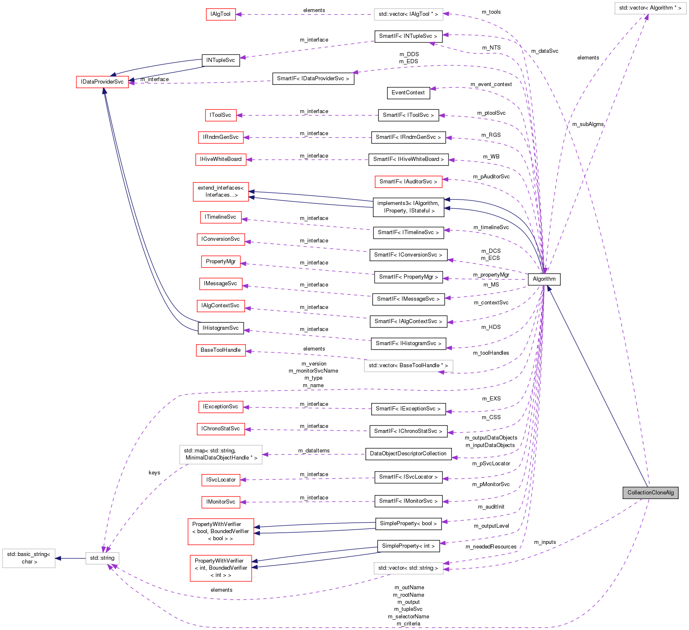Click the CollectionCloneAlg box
click(x=650, y=492)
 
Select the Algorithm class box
click(x=544, y=279)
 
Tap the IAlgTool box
click(x=221, y=14)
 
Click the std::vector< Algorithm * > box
click(x=650, y=8)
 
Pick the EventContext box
click(x=408, y=93)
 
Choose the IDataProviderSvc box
click(x=102, y=82)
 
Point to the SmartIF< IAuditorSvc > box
click(x=408, y=182)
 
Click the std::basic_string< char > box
click(x=29, y=558)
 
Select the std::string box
click(x=102, y=558)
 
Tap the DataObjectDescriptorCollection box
click(x=408, y=454)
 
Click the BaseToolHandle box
click(x=220, y=350)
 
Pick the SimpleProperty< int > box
click(x=408, y=546)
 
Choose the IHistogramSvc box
click(x=220, y=328)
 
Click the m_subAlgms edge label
click(x=587, y=124)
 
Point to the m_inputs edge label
click(x=544, y=542)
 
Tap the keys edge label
click(x=154, y=473)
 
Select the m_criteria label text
click(x=408, y=624)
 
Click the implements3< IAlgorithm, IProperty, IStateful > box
click(x=408, y=207)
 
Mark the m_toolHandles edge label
click(x=490, y=353)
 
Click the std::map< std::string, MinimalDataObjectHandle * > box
click(x=221, y=454)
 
